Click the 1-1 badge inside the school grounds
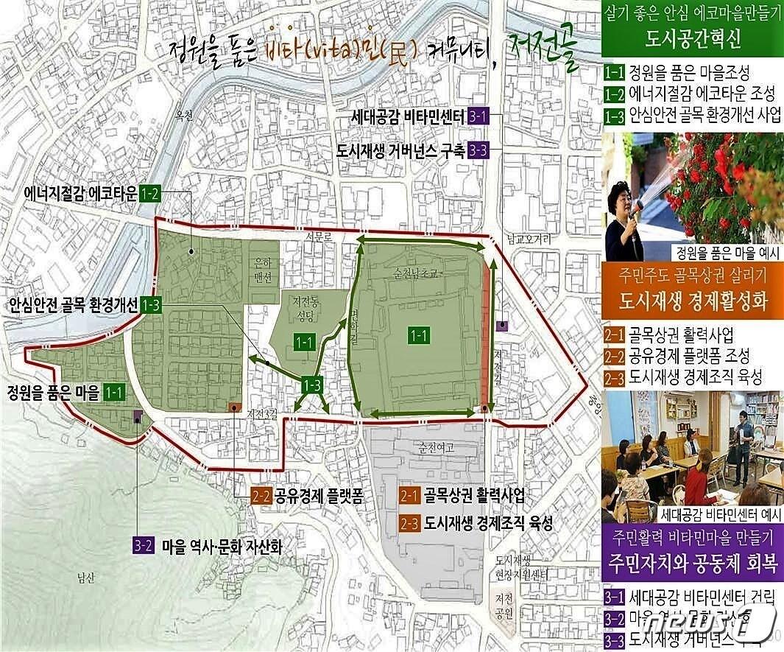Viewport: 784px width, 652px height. pos(419,335)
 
